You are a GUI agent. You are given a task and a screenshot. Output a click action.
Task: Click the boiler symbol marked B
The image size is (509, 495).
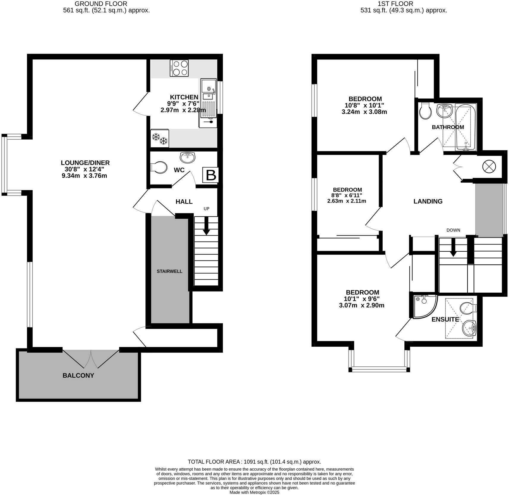click(x=211, y=175)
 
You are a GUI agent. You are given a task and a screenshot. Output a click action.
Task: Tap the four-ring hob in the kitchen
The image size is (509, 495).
click(x=179, y=68)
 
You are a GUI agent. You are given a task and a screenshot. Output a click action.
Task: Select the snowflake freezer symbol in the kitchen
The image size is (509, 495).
click(x=160, y=138)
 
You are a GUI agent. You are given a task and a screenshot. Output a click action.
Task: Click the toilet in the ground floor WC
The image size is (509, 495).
click(x=158, y=168)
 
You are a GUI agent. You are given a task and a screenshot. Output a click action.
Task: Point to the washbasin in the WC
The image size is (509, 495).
click(x=188, y=157)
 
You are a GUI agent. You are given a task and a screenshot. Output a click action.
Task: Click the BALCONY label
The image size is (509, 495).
click(x=78, y=376)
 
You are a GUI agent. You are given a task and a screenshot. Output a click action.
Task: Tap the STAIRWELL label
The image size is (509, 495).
click(x=169, y=271)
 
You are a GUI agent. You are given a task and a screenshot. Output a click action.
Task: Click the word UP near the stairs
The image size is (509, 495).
click(x=206, y=209)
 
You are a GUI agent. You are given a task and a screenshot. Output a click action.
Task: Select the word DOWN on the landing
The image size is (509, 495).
click(x=453, y=230)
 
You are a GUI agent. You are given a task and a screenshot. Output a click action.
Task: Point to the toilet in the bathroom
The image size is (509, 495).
click(x=425, y=111)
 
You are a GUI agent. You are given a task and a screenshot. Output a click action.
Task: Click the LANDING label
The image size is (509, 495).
click(x=428, y=201)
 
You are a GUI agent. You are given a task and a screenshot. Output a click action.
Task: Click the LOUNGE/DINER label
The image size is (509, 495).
click(x=85, y=163)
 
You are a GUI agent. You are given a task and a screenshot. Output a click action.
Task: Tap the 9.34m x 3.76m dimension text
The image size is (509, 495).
click(x=84, y=176)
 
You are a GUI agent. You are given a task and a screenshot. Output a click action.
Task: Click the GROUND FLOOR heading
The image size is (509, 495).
click(x=101, y=4)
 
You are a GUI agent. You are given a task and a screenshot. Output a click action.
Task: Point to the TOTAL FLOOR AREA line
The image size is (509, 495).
click(x=254, y=462)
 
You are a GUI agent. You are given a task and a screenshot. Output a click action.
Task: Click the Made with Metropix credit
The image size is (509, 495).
click(x=254, y=492)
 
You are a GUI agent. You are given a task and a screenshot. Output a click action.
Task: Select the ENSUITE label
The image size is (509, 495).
click(x=445, y=319)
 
